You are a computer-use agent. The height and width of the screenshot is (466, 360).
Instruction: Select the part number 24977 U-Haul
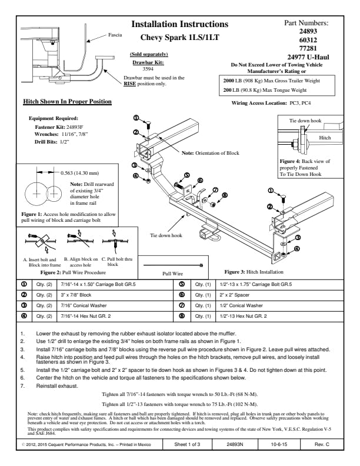click(306, 56)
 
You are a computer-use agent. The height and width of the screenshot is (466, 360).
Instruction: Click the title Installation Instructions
click(179, 24)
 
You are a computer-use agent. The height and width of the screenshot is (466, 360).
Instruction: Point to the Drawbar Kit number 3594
click(148, 69)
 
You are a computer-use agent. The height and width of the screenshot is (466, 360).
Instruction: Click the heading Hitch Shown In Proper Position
click(67, 102)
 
